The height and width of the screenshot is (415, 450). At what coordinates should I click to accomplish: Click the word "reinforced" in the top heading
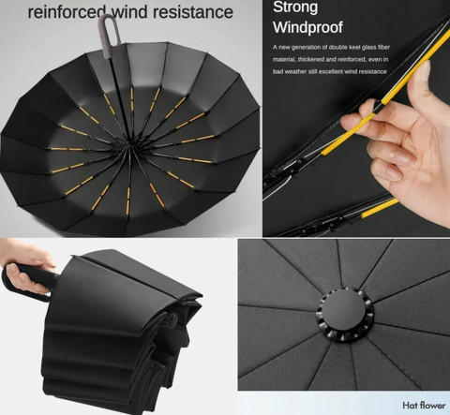(x=67, y=12)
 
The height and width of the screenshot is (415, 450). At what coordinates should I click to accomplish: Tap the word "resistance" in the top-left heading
(x=193, y=12)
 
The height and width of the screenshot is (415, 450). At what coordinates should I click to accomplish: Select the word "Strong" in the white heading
(x=295, y=7)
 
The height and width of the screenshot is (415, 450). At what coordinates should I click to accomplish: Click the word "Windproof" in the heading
(x=307, y=27)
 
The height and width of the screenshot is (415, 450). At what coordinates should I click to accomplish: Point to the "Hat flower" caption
(x=424, y=406)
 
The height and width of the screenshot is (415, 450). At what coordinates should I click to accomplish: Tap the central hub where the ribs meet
(x=128, y=144)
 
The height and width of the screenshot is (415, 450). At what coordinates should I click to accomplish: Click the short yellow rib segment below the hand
(x=380, y=208)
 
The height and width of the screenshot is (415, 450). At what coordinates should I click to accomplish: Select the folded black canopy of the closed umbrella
(x=119, y=331)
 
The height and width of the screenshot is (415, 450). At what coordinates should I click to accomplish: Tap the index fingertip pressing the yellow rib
(x=347, y=121)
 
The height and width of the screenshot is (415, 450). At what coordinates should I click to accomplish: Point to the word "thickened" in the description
(x=310, y=59)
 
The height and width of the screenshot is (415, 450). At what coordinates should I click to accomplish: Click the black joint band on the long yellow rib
(x=378, y=107)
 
